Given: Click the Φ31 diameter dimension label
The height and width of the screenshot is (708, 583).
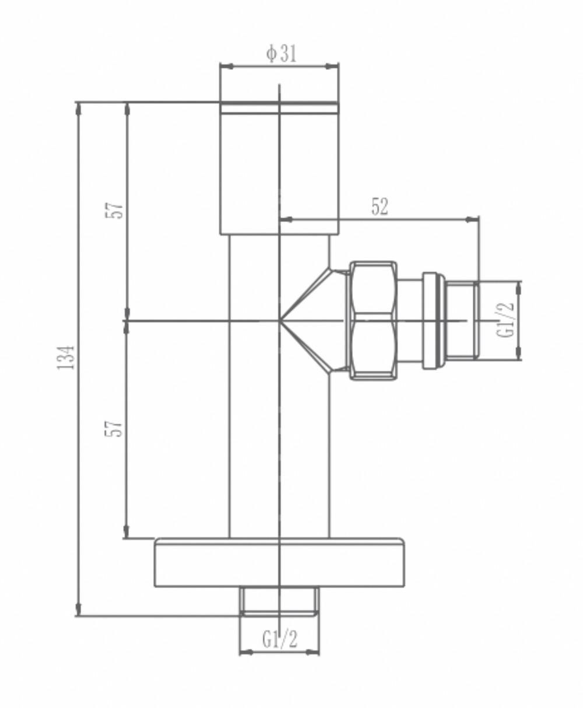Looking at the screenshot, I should pyautogui.click(x=281, y=54).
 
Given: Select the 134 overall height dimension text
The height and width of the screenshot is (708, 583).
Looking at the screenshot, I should pyautogui.click(x=68, y=357).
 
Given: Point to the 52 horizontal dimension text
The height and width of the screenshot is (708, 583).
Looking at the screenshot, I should pyautogui.click(x=380, y=207).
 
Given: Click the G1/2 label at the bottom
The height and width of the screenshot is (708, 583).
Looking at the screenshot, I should pyautogui.click(x=280, y=640).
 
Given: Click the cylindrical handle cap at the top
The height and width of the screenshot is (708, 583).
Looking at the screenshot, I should pyautogui.click(x=279, y=169).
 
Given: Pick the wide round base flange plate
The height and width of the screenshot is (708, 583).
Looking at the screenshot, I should pyautogui.click(x=279, y=562).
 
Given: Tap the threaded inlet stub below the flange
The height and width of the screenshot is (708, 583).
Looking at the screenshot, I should pyautogui.click(x=279, y=601).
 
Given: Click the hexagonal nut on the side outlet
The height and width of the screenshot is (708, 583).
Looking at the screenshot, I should pyautogui.click(x=374, y=320).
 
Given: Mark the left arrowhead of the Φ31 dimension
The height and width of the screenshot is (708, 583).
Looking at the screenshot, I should pyautogui.click(x=225, y=66).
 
